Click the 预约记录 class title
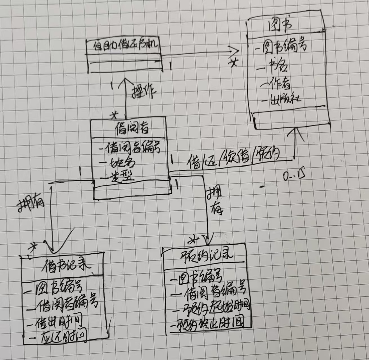click(x=207, y=255)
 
